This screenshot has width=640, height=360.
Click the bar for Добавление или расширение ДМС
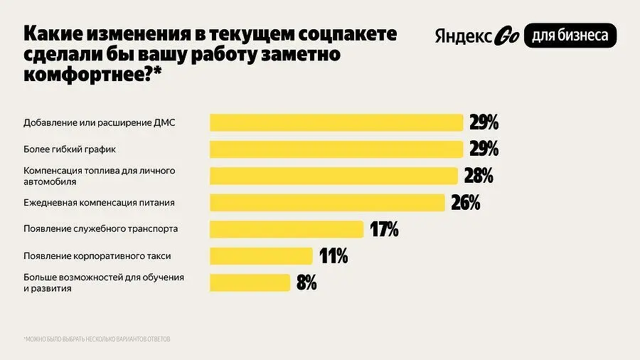click(336, 122)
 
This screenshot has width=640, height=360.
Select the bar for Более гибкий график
click(336, 149)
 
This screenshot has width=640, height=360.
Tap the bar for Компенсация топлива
click(333, 176)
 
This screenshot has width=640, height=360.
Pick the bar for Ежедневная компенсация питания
click(327, 203)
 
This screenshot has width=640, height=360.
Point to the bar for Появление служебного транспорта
click(287, 229)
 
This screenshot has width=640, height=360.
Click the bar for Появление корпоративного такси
click(261, 256)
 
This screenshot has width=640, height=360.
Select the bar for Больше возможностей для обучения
click(250, 282)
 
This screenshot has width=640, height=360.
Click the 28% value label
click(479, 176)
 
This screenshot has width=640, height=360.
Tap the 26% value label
click(466, 203)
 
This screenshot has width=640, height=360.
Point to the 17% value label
click(384, 229)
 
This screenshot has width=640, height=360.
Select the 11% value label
click(333, 256)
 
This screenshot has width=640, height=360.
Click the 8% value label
click(306, 282)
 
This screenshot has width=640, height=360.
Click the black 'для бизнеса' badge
click(570, 36)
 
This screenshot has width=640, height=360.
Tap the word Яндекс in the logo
click(462, 36)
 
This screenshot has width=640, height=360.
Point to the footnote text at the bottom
click(97, 339)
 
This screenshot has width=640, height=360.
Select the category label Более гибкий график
click(69, 149)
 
